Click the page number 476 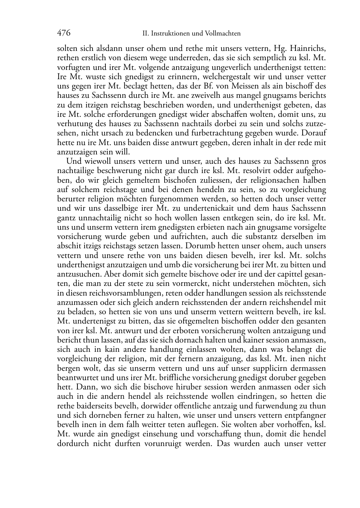(x=63, y=33)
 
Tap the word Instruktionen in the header (x=170, y=34)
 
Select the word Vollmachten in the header (x=222, y=34)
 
